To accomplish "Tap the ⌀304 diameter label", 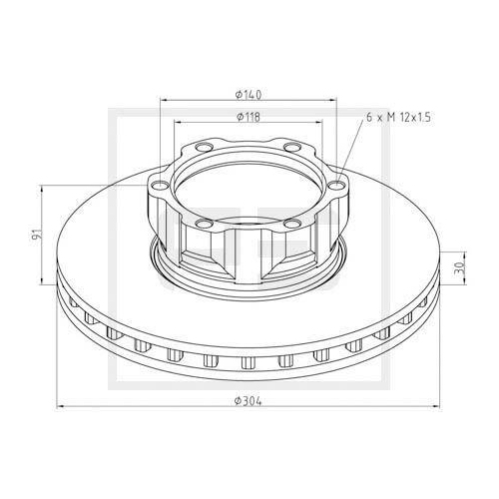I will coord(249,399).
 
